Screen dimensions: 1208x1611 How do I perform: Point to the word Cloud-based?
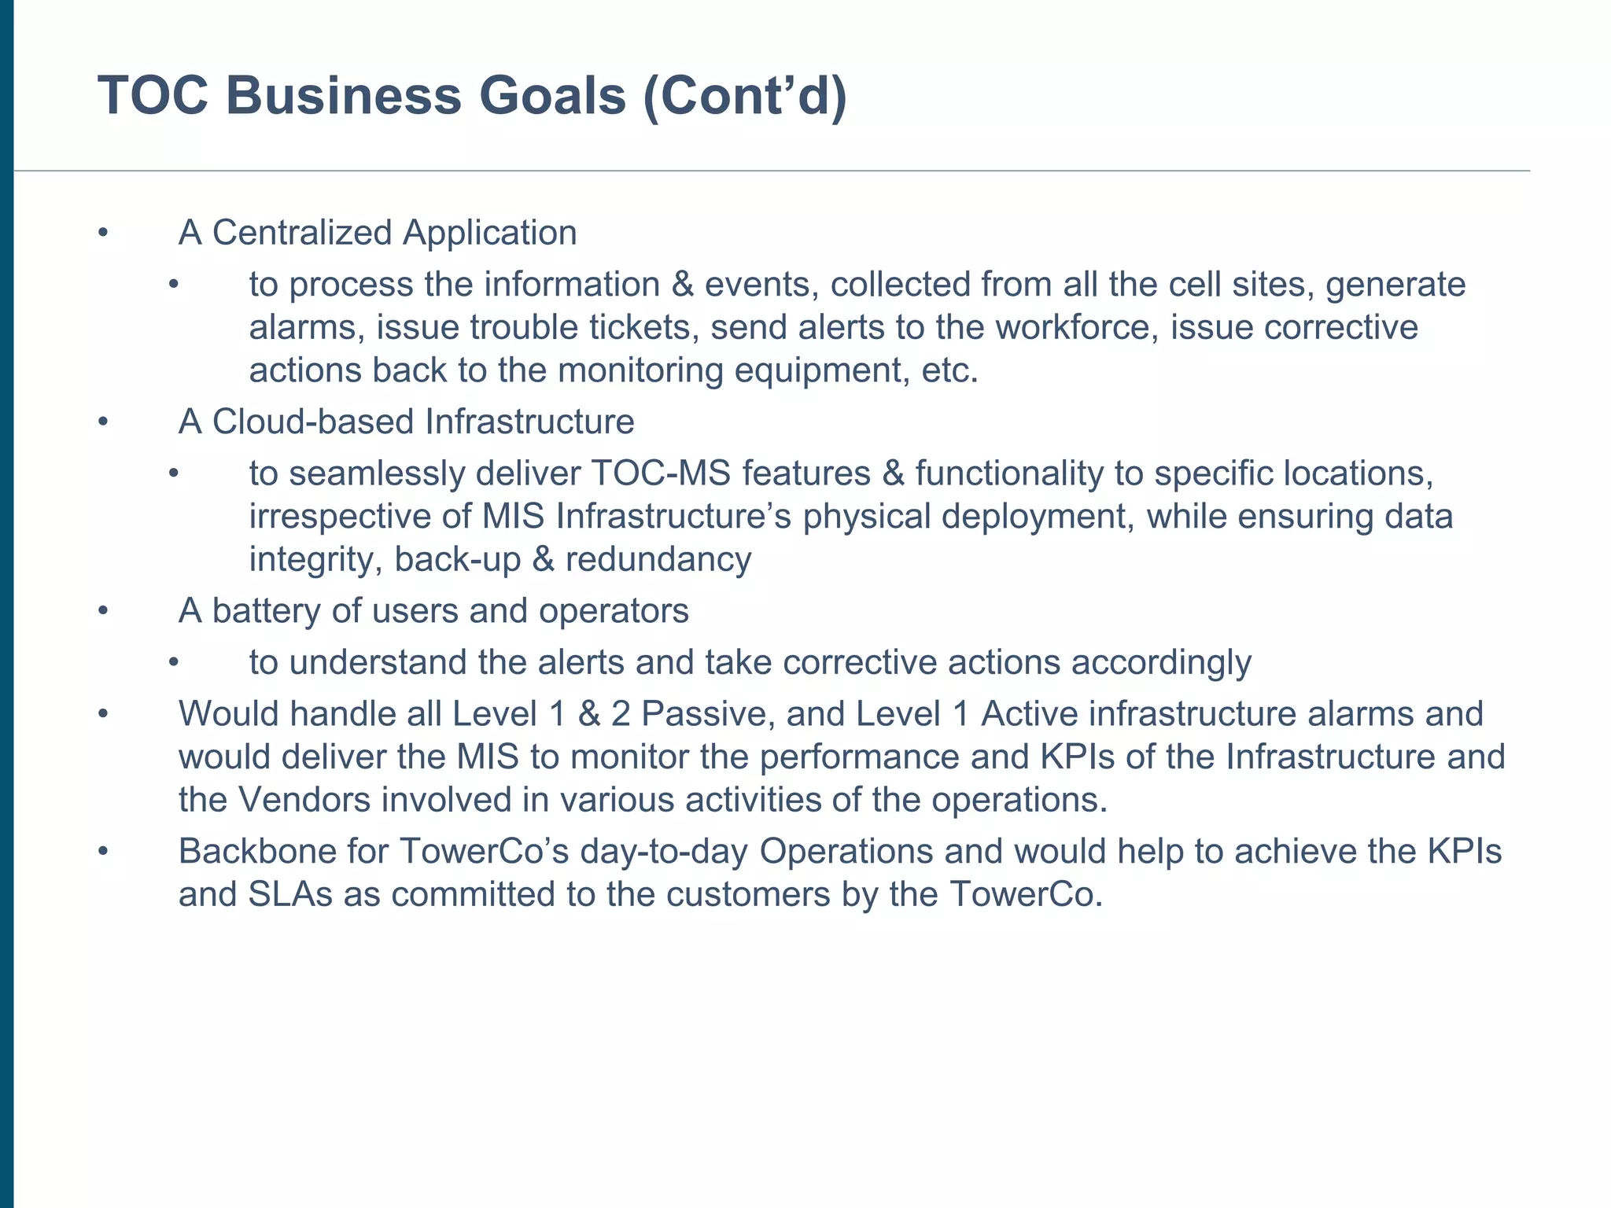tap(314, 422)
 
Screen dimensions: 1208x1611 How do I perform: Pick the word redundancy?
tap(658, 560)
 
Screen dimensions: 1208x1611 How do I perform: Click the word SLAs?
tap(290, 895)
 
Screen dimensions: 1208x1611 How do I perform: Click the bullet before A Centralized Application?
tap(102, 233)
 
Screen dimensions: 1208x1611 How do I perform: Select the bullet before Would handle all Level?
tap(102, 714)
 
